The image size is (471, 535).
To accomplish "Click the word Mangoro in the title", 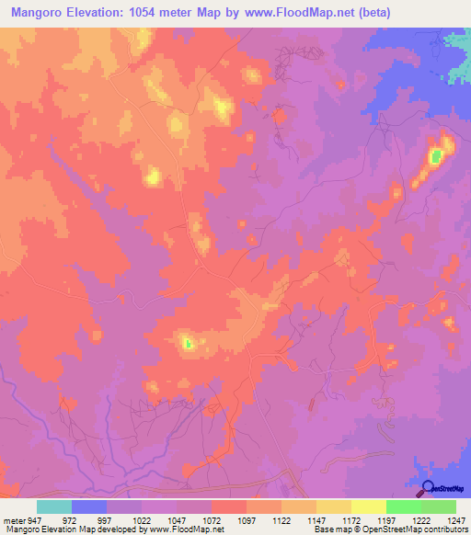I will click(x=36, y=13).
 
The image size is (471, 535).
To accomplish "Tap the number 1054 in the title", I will click(x=164, y=13).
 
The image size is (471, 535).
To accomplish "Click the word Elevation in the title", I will click(x=101, y=13).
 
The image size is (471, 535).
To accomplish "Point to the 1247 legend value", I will click(x=457, y=519).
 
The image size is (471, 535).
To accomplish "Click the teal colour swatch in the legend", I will click(x=54, y=507).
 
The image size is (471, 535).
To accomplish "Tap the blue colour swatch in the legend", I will click(x=89, y=507).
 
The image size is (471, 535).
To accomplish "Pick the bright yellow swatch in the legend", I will click(x=369, y=507).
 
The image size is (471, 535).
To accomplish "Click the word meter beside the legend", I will click(x=12, y=519).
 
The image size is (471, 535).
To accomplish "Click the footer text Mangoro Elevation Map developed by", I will click(x=74, y=529).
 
